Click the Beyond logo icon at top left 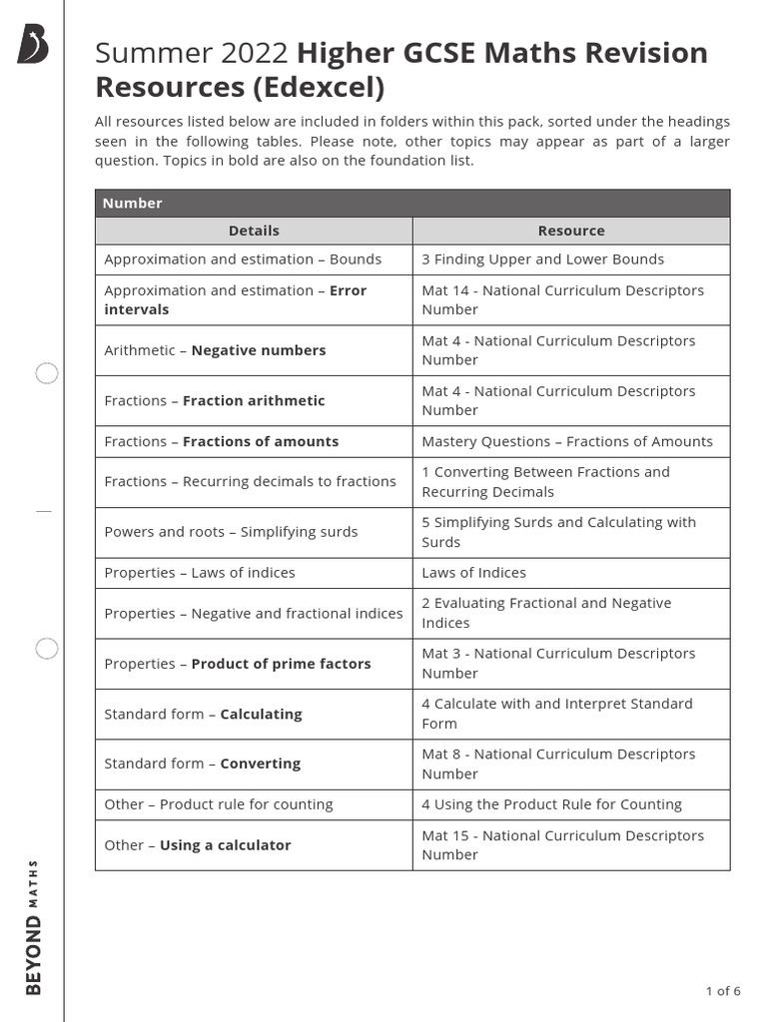coord(32,46)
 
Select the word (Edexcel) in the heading coord(319,88)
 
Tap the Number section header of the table coord(133,203)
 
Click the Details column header coord(254,231)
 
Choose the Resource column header coord(571,231)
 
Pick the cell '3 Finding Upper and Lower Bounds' coord(542,259)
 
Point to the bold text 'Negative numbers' coord(258,350)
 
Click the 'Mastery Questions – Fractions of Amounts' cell coord(566,441)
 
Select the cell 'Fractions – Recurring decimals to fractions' coord(250,481)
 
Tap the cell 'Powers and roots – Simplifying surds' coord(231,532)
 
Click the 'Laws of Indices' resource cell coord(473,573)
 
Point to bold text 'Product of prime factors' coord(281,664)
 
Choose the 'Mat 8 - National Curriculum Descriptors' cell coord(562,764)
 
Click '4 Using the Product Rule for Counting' coord(551,804)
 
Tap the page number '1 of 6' coord(722,991)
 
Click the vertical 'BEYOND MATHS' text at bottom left coord(33,926)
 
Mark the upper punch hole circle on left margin coord(47,374)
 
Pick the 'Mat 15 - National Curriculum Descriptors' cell coord(562,844)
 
